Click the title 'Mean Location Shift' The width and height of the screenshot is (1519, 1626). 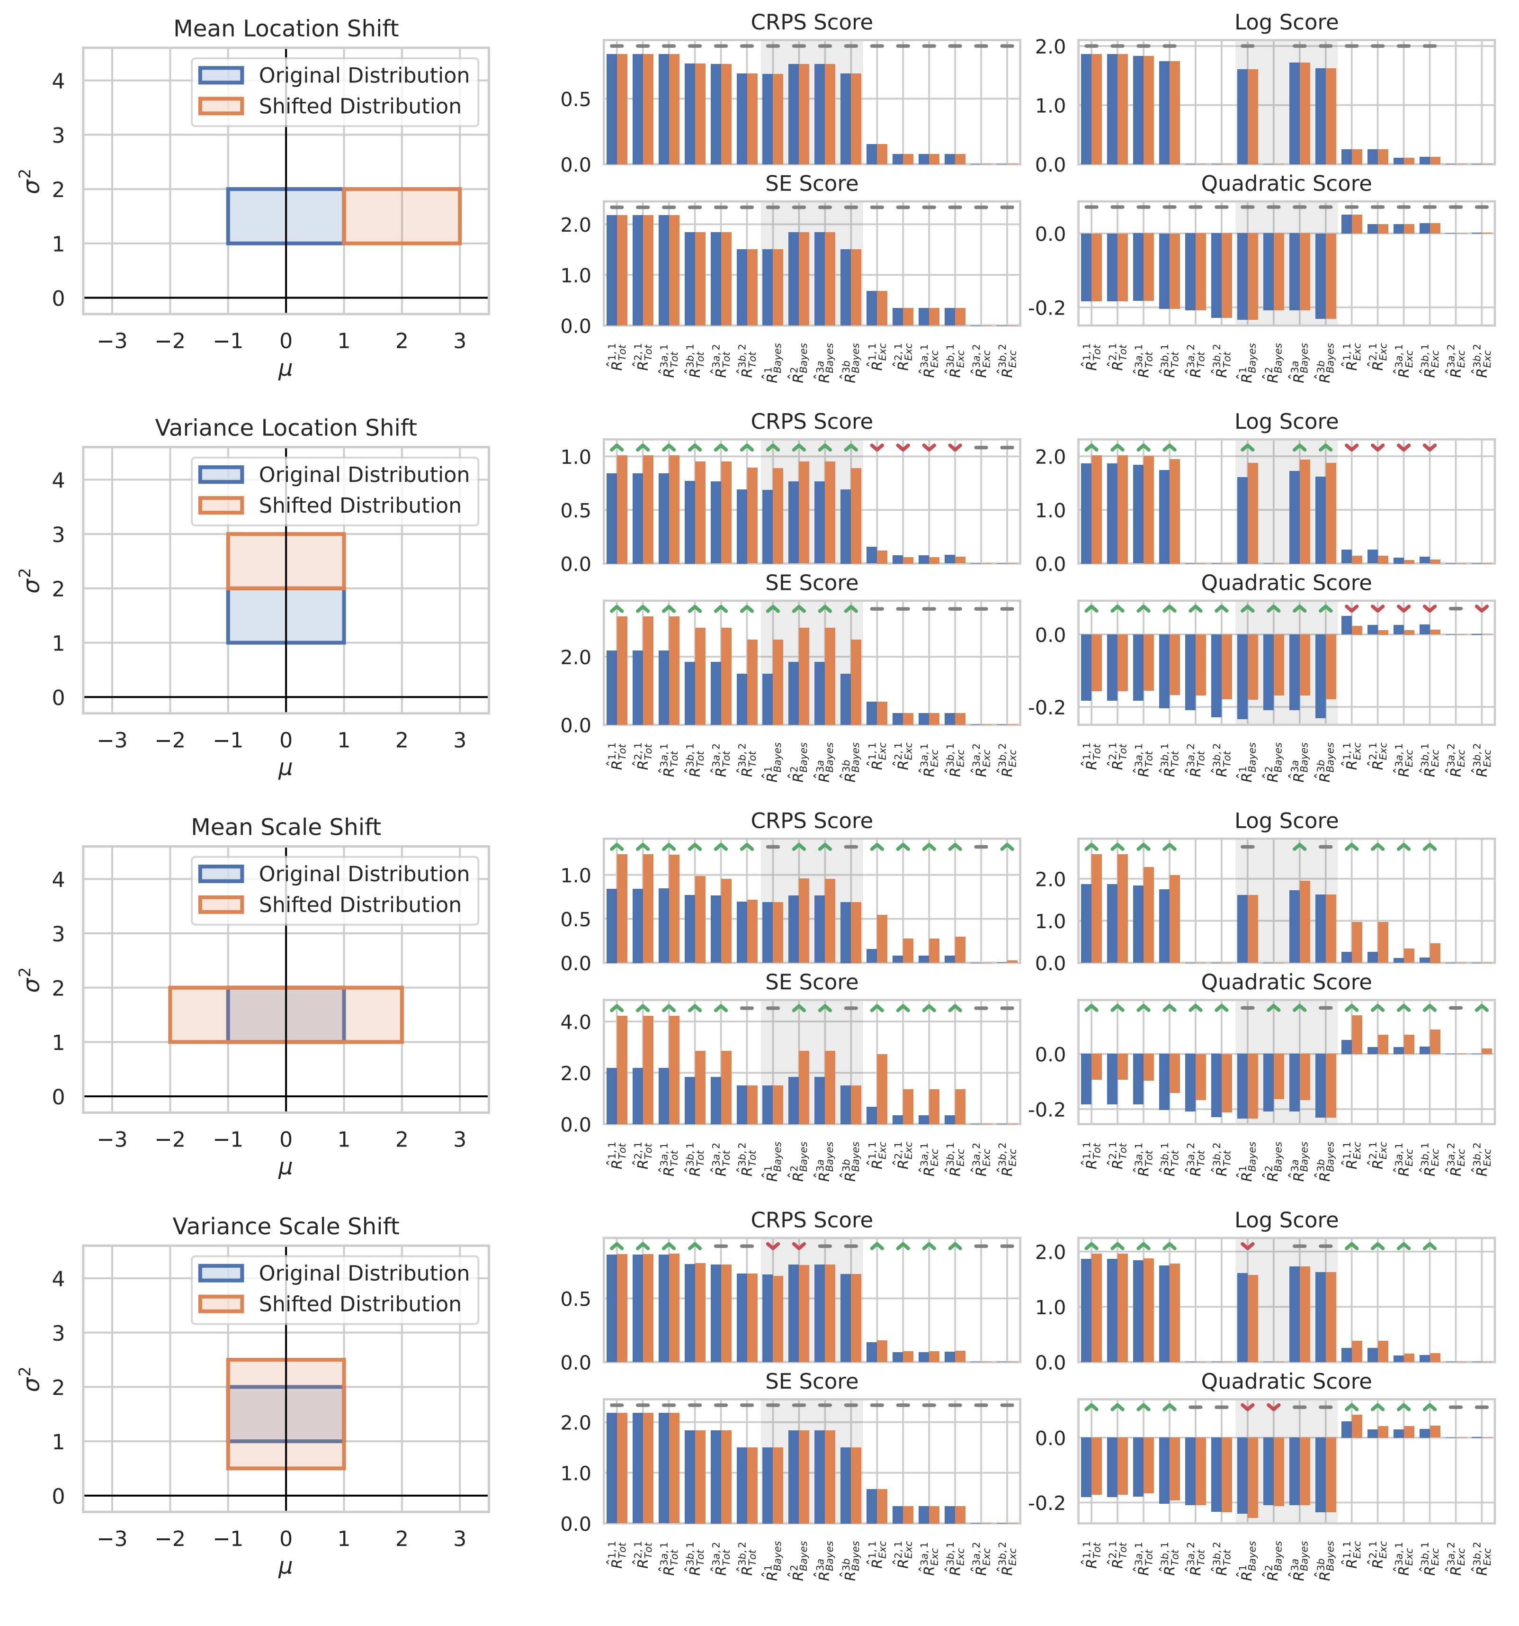click(x=286, y=28)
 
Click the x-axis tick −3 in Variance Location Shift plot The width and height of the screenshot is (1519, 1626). click(x=112, y=740)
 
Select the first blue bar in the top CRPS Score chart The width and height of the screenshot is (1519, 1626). click(x=611, y=109)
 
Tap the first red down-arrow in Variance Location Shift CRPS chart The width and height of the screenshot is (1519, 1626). click(x=876, y=447)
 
